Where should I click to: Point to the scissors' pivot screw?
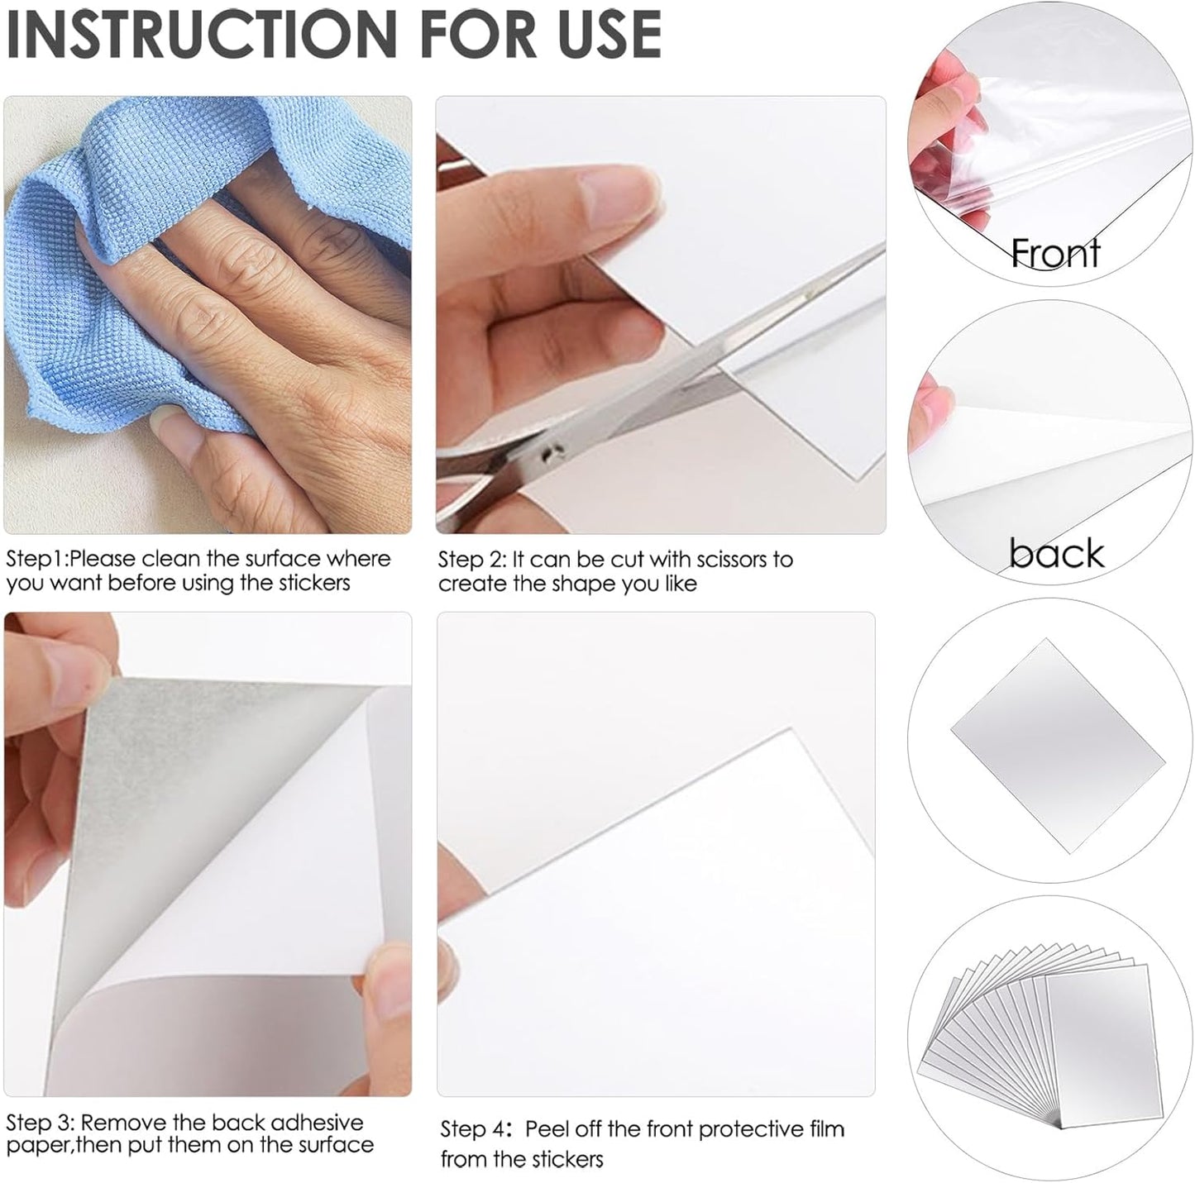tap(547, 452)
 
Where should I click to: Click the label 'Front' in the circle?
tap(1056, 253)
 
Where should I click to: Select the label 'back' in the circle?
tap(1056, 553)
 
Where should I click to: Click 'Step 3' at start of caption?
tap(39, 1123)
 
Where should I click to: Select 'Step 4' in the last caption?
tap(474, 1129)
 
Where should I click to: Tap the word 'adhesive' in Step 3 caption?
tap(317, 1123)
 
